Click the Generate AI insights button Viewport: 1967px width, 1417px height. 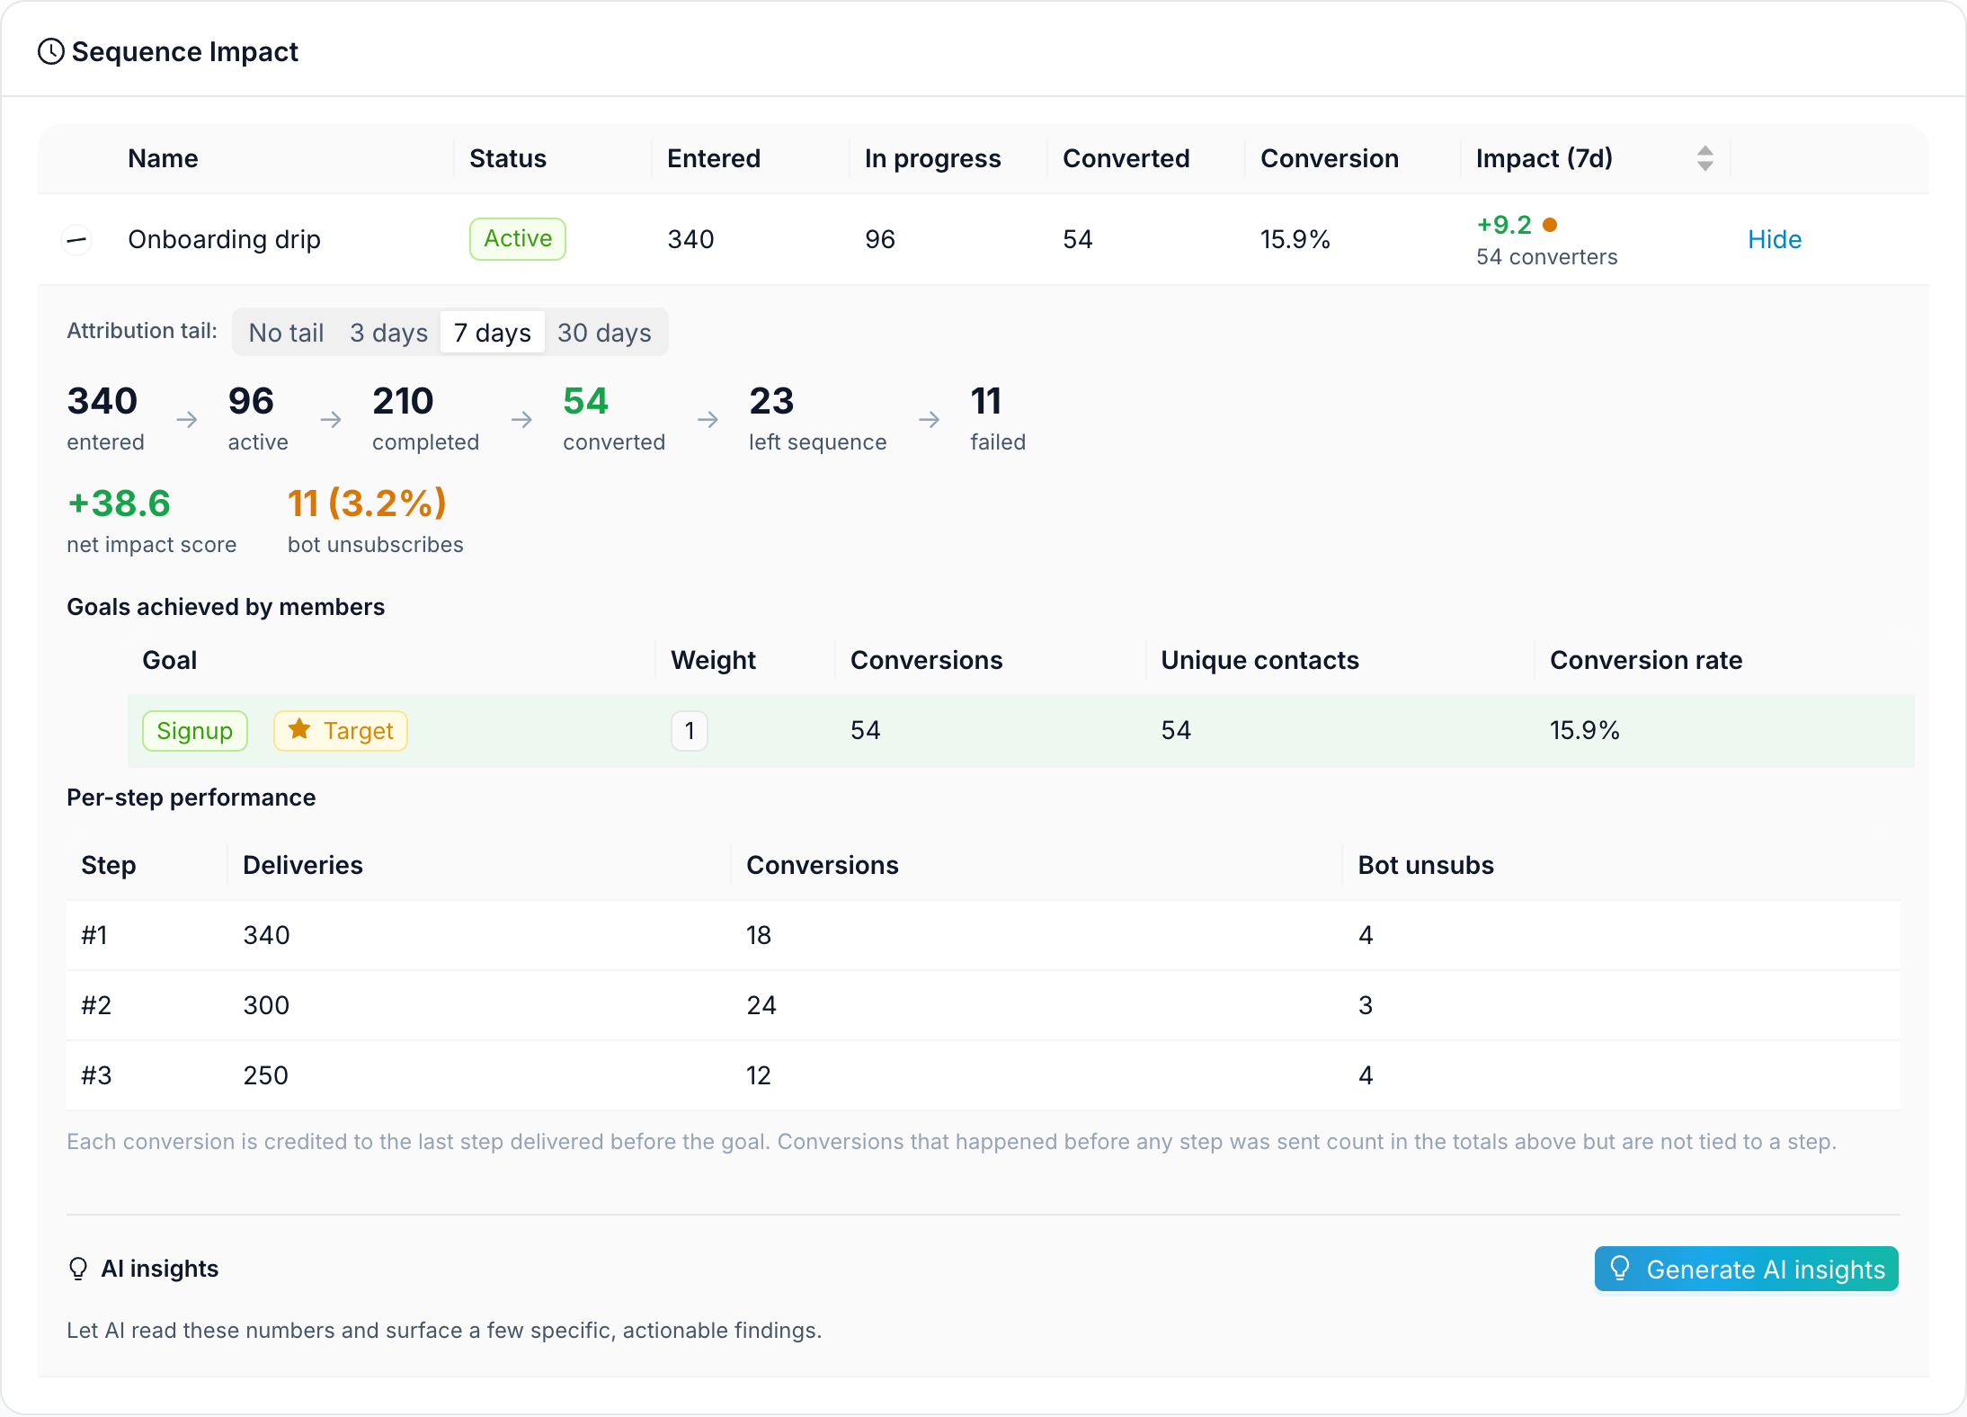click(1746, 1269)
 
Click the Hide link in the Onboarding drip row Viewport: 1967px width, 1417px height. click(1775, 239)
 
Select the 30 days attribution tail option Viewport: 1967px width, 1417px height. click(604, 333)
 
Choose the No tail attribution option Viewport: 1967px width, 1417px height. click(286, 333)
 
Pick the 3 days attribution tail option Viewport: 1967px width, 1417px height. click(388, 333)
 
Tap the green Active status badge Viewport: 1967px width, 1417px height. click(518, 238)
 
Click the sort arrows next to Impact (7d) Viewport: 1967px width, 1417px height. click(1704, 158)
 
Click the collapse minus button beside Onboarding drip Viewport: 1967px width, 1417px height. click(77, 239)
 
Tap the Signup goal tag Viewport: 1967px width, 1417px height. click(194, 731)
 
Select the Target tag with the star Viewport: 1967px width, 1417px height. click(341, 731)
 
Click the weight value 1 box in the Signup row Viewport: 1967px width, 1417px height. click(690, 731)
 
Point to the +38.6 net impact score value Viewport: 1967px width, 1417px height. click(119, 504)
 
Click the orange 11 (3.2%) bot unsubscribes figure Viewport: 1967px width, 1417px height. click(367, 504)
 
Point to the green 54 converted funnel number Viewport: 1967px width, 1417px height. click(586, 401)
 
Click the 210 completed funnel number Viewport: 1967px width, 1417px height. click(403, 401)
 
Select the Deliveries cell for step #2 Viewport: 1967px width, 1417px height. click(266, 1005)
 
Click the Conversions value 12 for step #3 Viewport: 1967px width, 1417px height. click(759, 1075)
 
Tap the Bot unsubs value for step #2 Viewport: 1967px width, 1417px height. click(1366, 1005)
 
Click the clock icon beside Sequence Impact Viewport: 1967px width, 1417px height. click(51, 52)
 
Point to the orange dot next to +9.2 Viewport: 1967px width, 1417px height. click(1550, 225)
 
